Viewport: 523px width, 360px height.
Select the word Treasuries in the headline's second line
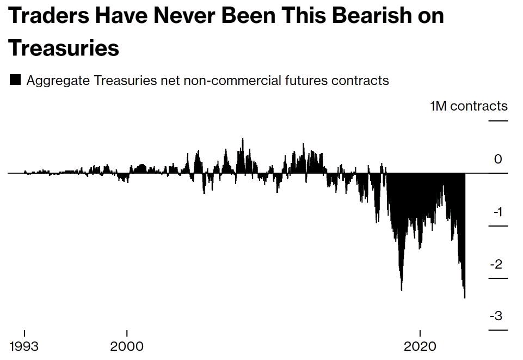64,48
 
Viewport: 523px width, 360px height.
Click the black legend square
15,80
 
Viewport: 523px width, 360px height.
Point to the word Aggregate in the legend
58,81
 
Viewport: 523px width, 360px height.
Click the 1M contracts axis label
469,106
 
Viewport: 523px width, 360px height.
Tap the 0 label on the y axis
498,160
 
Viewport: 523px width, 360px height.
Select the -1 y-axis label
497,212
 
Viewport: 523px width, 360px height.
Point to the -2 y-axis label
496,264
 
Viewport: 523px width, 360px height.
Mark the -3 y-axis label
496,316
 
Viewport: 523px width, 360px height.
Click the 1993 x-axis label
24,346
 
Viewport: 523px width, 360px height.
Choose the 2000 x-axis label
127,346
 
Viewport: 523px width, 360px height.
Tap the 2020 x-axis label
420,346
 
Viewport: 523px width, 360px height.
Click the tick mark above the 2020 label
420,333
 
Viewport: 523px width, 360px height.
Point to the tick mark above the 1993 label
24,333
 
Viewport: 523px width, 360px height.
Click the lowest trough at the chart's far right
465,296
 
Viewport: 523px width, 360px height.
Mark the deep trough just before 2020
402,289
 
